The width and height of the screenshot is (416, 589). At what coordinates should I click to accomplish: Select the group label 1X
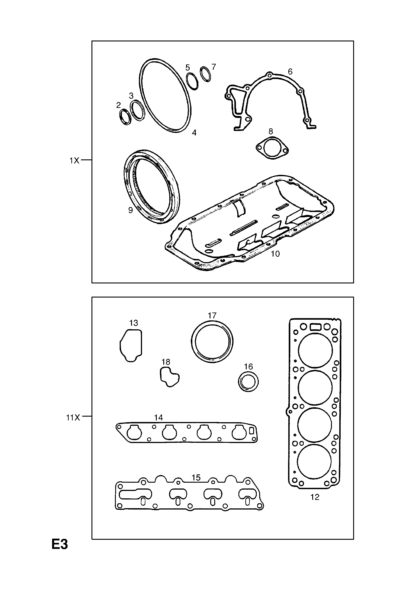[74, 161]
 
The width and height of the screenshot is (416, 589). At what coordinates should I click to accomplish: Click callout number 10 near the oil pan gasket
[275, 254]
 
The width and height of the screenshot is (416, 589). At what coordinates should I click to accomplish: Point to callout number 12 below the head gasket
[315, 497]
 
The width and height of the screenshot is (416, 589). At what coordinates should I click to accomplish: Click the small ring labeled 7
[205, 74]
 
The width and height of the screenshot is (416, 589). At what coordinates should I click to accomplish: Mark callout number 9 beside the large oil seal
[130, 210]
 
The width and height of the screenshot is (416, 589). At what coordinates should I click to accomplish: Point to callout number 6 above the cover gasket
[290, 72]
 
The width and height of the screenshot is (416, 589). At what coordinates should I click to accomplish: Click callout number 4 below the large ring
[194, 133]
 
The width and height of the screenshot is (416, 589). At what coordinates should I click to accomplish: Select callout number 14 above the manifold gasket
[158, 418]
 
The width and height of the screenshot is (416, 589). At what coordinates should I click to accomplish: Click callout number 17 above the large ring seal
[212, 315]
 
